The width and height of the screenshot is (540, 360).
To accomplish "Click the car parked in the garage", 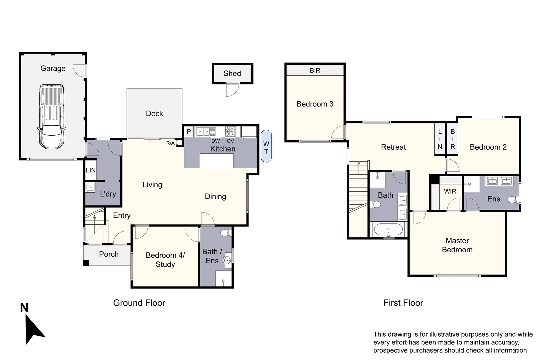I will (x=52, y=117).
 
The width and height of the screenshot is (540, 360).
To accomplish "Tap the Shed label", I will (x=232, y=74).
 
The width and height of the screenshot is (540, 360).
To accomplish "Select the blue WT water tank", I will (x=266, y=146).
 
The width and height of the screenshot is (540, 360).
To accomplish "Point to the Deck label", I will (x=154, y=114).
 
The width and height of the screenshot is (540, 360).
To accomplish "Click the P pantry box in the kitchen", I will (x=189, y=132).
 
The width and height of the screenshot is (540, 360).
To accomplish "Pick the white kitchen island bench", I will (x=217, y=161).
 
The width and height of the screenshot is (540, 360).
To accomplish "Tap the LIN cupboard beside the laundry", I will (x=91, y=170).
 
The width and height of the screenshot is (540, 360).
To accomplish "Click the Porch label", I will (x=109, y=254).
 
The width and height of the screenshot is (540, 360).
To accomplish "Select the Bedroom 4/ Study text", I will (x=165, y=260).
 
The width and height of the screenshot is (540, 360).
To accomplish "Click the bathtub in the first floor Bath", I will (x=389, y=230).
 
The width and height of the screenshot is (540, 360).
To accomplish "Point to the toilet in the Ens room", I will (x=513, y=200).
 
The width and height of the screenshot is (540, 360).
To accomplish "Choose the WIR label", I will (x=450, y=191).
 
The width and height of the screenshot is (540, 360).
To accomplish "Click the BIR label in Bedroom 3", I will (x=315, y=70).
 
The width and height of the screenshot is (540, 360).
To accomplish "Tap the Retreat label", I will (x=393, y=147).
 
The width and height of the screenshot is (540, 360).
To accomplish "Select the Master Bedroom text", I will (x=457, y=245).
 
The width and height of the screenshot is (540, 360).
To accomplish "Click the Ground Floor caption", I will (x=139, y=303).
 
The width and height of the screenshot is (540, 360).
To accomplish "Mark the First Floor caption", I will (x=403, y=303).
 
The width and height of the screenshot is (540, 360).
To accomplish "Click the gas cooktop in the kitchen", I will (x=230, y=131).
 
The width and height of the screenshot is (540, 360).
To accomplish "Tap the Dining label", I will (x=215, y=197).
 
